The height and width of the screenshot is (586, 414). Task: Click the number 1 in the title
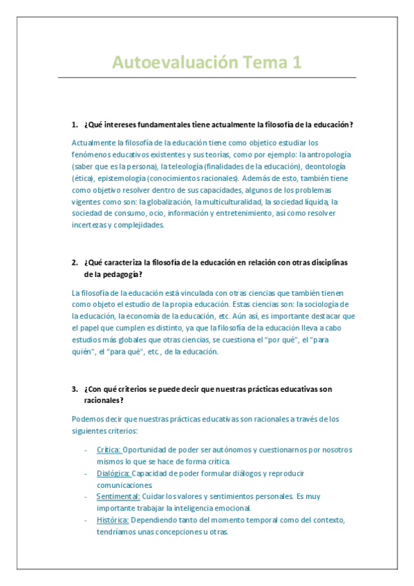coord(297,63)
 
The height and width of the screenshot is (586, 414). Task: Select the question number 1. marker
coord(75,124)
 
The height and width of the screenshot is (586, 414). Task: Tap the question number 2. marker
coord(75,263)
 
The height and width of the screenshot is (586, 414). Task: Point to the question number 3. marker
coord(75,389)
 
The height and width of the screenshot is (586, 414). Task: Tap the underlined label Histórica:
coord(113,520)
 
